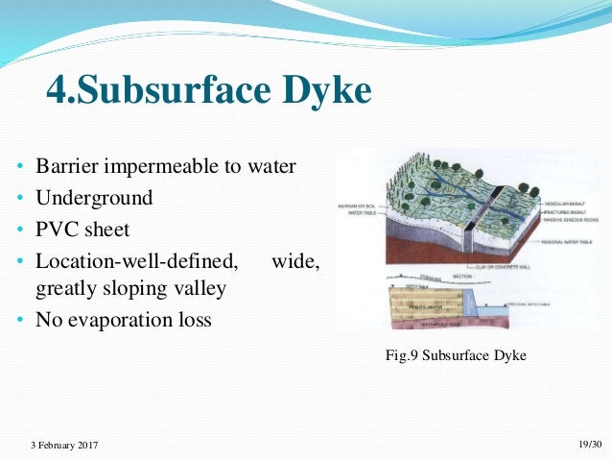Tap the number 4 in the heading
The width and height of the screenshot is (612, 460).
coord(58,92)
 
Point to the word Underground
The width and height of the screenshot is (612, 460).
coord(94,198)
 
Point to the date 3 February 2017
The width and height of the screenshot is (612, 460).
coord(63,445)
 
